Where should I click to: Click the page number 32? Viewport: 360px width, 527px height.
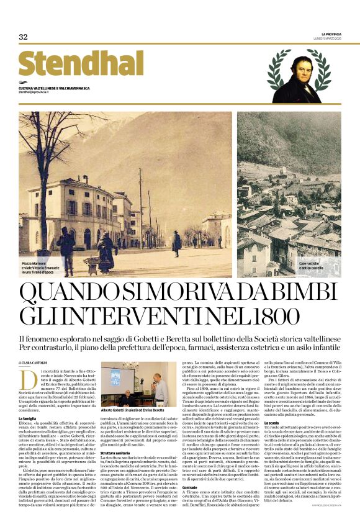23,37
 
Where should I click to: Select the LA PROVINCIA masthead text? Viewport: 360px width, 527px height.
330,33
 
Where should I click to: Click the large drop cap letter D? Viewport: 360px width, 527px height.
25,377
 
